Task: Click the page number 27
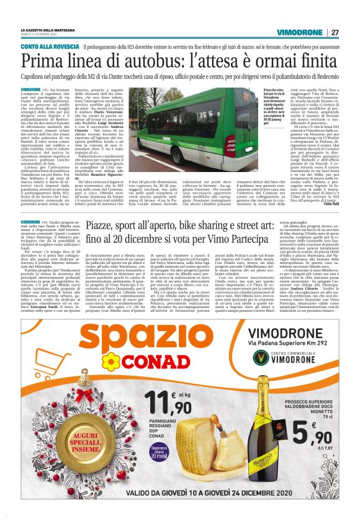[335, 32]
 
